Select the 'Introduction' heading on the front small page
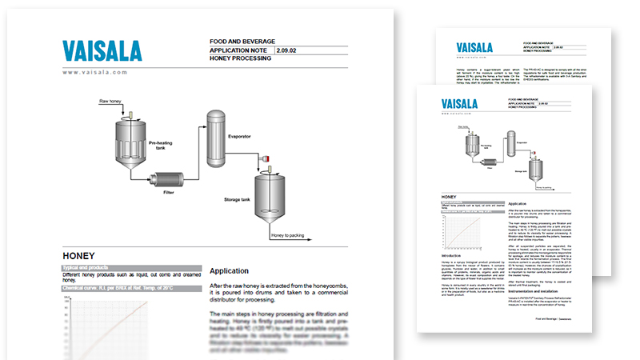pos(454,256)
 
